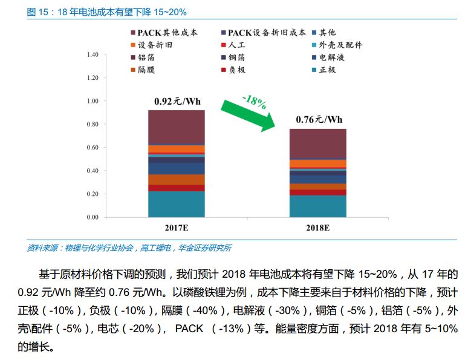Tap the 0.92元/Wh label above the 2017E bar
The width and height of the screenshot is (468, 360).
pos(177,101)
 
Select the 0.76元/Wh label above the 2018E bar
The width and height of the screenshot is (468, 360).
pos(319,119)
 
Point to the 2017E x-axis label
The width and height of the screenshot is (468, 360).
pos(177,229)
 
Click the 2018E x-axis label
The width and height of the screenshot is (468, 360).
pos(318,229)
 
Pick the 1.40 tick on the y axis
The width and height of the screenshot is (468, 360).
pos(92,55)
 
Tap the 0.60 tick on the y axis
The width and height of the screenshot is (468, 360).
pos(92,148)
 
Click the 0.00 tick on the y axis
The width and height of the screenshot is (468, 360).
pos(92,217)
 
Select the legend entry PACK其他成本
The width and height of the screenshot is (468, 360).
pos(163,32)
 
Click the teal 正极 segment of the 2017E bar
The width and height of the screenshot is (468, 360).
pos(177,204)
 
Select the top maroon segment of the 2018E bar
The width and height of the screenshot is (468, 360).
pos(318,143)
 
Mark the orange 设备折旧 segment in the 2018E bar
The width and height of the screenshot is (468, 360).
pos(318,163)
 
